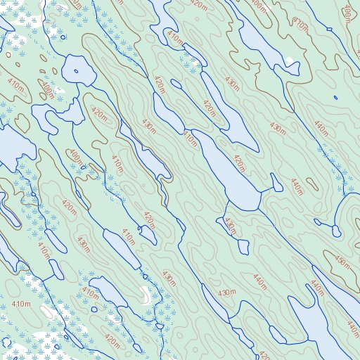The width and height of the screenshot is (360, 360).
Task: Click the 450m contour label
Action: (x=342, y=262)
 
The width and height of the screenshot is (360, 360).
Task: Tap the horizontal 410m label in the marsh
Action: (x=21, y=304)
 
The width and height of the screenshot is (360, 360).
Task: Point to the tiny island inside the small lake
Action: (x=76, y=71)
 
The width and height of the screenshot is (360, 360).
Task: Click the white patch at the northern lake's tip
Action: (x=288, y=59)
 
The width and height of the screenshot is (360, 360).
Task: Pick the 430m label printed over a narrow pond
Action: (x=230, y=226)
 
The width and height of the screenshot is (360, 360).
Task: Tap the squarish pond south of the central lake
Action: (x=243, y=246)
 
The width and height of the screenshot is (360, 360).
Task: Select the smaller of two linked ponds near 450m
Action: (x=317, y=223)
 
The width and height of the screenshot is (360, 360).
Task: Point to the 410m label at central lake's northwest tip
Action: (x=190, y=138)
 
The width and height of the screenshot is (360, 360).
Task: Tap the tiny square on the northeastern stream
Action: (x=329, y=29)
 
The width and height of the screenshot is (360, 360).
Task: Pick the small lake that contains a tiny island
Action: (x=79, y=68)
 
